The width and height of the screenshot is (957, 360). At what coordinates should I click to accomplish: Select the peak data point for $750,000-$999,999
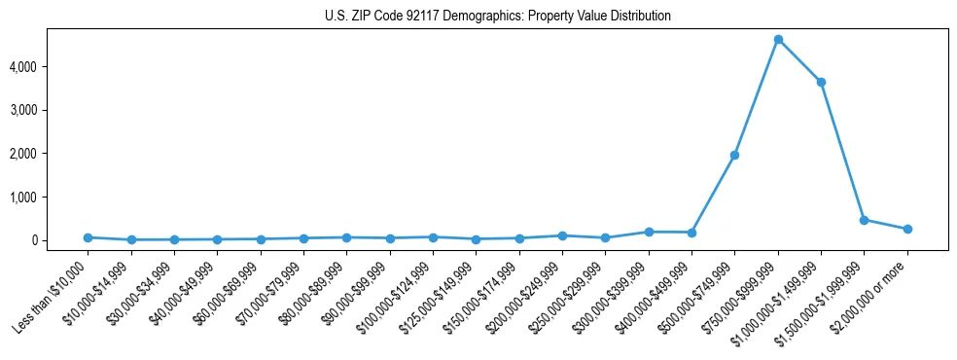click(778, 40)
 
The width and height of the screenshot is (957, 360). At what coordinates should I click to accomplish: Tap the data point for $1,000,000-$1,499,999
click(821, 82)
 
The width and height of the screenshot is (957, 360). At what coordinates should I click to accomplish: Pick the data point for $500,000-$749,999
click(734, 155)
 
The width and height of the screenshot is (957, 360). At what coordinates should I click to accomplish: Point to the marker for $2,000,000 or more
click(907, 229)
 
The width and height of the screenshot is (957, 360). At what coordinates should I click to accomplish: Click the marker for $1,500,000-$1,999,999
click(864, 220)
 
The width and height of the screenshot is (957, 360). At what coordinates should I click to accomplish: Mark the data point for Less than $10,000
click(88, 237)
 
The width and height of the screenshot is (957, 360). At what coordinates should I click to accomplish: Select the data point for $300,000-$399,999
click(649, 232)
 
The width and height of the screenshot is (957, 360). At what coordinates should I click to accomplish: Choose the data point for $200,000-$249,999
click(562, 235)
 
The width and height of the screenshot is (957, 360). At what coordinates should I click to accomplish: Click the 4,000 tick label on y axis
click(51, 67)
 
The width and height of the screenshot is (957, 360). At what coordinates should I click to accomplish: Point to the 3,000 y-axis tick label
click(51, 110)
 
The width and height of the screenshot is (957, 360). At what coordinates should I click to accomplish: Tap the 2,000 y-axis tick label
click(51, 154)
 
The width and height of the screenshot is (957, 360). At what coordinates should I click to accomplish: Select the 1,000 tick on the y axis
click(51, 197)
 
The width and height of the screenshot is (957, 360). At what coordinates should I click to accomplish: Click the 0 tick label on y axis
click(61, 240)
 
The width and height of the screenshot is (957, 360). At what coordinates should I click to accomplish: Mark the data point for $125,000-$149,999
click(476, 239)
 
